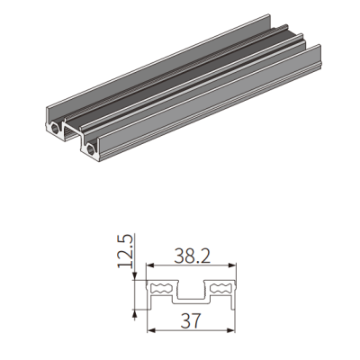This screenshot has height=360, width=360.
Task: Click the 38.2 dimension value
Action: (192, 256)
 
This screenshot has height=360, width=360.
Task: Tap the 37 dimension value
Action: (191, 320)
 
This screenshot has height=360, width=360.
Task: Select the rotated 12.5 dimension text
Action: (125, 251)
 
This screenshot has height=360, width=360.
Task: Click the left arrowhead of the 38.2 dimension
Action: (149, 265)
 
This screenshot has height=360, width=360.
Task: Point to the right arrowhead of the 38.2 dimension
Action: (232, 265)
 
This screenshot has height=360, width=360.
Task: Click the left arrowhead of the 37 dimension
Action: (151, 330)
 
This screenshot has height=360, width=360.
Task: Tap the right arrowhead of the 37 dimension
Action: (230, 330)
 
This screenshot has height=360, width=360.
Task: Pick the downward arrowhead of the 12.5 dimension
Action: (135, 276)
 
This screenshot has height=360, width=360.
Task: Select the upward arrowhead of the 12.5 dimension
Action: (135, 313)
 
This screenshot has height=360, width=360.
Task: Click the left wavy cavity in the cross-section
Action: (161, 288)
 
